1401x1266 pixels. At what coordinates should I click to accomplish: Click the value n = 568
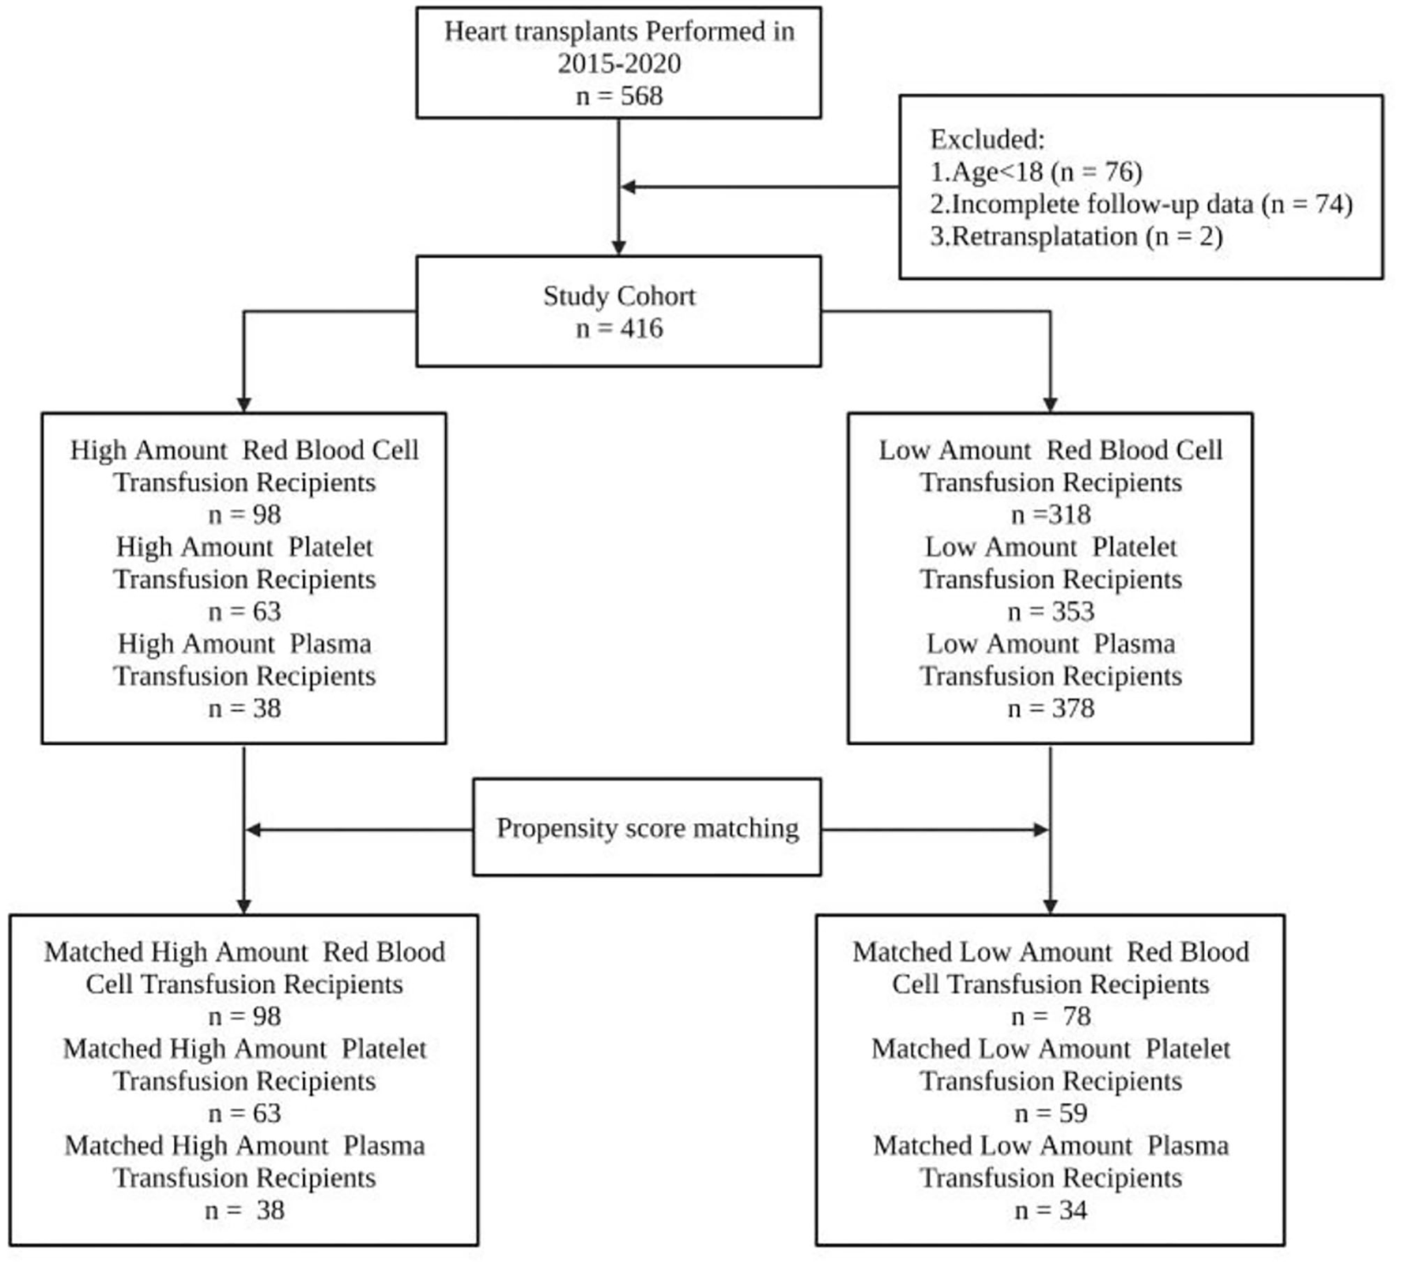pyautogui.click(x=619, y=96)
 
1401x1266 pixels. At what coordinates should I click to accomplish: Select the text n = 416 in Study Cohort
pyautogui.click(x=619, y=328)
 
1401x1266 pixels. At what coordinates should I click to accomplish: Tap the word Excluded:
pyautogui.click(x=987, y=139)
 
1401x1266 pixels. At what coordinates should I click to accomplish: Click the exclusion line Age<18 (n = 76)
pyautogui.click(x=1037, y=172)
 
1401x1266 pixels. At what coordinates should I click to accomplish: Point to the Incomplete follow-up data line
pyautogui.click(x=1141, y=204)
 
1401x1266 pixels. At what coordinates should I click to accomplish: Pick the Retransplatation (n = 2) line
pyautogui.click(x=1076, y=236)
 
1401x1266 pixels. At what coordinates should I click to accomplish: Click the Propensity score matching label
pyautogui.click(x=647, y=828)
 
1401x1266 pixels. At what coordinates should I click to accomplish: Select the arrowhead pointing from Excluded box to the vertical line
pyautogui.click(x=629, y=187)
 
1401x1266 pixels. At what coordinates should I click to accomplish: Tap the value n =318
pyautogui.click(x=1051, y=515)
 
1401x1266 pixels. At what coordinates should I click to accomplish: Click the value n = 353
pyautogui.click(x=1051, y=611)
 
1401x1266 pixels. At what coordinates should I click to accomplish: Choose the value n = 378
pyautogui.click(x=1051, y=708)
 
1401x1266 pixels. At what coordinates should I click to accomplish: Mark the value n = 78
pyautogui.click(x=1051, y=1016)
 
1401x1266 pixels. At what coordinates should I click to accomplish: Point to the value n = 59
pyautogui.click(x=1051, y=1113)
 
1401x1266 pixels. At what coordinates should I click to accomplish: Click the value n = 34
pyautogui.click(x=1051, y=1210)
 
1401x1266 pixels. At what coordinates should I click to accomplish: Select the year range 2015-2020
pyautogui.click(x=619, y=63)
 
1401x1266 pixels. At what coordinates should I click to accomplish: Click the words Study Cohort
pyautogui.click(x=619, y=296)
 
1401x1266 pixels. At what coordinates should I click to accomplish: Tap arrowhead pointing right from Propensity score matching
pyautogui.click(x=1041, y=830)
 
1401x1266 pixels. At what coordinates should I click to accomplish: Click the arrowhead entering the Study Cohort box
pyautogui.click(x=619, y=248)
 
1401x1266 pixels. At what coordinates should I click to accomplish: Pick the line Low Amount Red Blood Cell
pyautogui.click(x=1051, y=450)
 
